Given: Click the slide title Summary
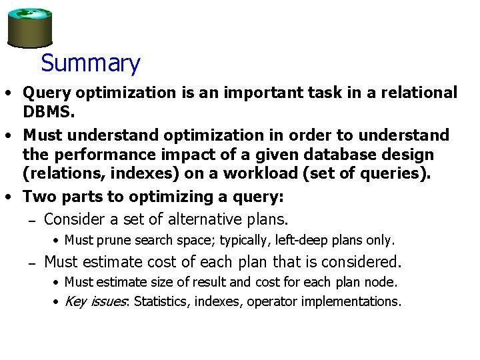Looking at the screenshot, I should pos(90,64).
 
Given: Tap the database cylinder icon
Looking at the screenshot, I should pos(30,28).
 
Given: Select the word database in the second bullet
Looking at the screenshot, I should pos(317,155).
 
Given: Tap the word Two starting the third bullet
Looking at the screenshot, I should pos(39,197).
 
